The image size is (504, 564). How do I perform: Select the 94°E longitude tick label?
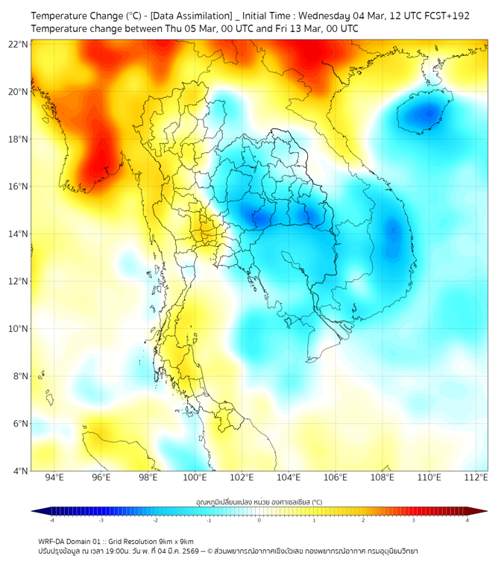[x=54, y=477]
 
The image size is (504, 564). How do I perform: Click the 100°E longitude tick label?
[x=195, y=477]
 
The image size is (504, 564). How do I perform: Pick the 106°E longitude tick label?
[x=336, y=477]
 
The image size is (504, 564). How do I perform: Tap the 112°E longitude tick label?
[x=476, y=477]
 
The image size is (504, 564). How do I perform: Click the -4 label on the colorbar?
[x=51, y=520]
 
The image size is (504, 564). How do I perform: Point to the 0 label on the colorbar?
[x=259, y=520]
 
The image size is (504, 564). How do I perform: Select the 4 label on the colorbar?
[x=467, y=520]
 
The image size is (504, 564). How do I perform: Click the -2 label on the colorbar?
[x=156, y=520]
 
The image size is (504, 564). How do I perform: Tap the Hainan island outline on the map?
[x=422, y=113]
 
